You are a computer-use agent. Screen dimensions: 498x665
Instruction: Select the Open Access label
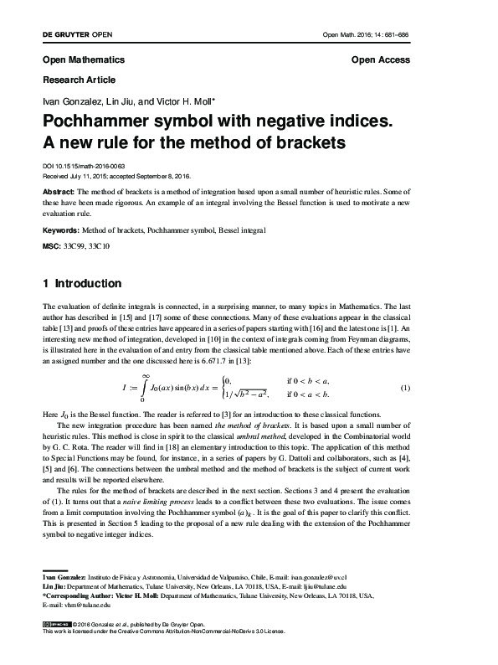coord(381,60)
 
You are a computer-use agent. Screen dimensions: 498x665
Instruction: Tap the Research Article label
coord(78,80)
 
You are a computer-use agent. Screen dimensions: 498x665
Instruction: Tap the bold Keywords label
coord(64,229)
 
